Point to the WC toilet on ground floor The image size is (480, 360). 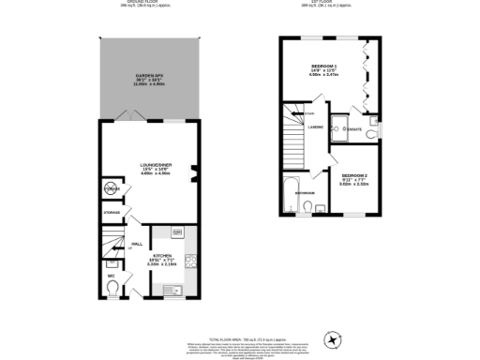point(113,290)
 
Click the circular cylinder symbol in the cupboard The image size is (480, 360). point(112,191)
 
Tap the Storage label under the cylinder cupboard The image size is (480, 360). point(112,214)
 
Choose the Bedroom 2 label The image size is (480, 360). point(354,178)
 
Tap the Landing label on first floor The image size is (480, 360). point(316,127)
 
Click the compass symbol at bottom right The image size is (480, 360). point(331,338)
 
